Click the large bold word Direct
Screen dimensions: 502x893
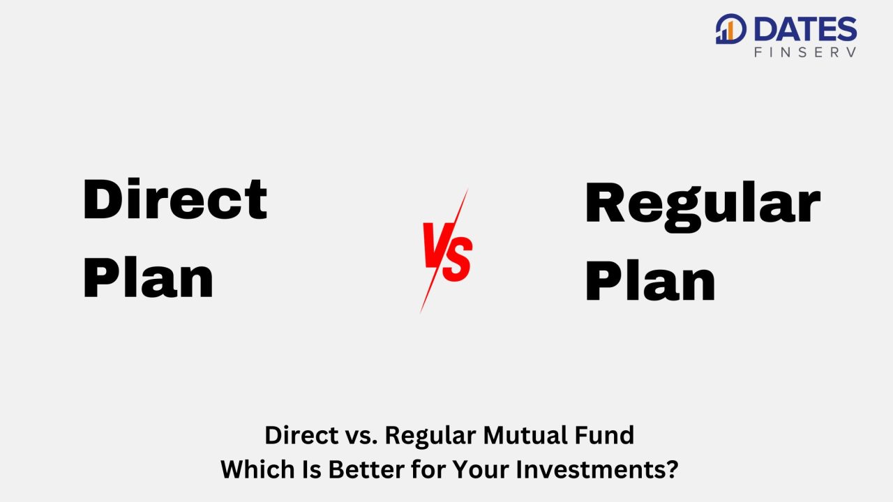point(174,200)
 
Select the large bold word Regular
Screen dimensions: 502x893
point(703,205)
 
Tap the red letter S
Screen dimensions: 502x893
point(458,258)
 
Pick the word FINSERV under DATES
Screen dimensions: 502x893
point(805,52)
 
